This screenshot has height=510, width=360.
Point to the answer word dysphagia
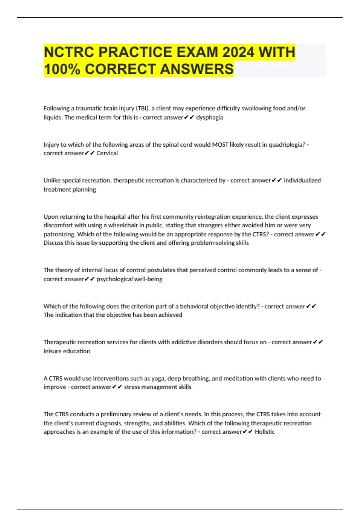tap(209, 117)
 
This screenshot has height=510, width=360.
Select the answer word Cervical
tap(107, 153)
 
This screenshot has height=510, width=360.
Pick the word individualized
tap(302, 180)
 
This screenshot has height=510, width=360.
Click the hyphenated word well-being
tap(150, 279)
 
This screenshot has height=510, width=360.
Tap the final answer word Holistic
tap(265, 432)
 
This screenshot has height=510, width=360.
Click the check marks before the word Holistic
tap(248, 432)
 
